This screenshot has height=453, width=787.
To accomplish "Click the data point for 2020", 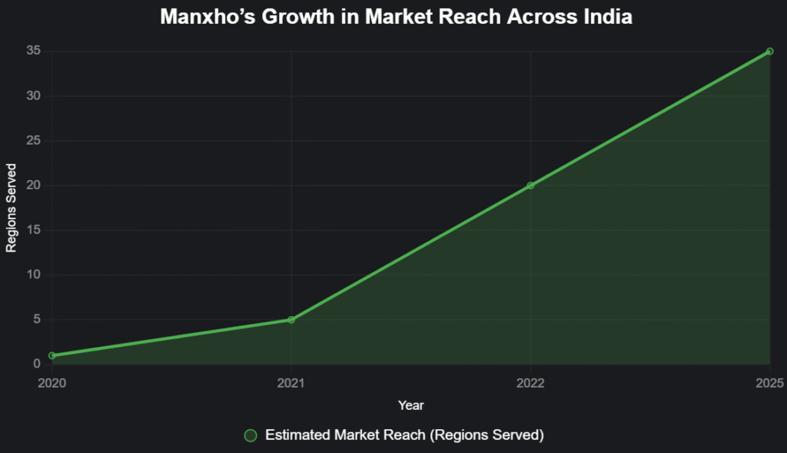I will coord(51,355).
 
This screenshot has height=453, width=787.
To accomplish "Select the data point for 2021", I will coord(291,319).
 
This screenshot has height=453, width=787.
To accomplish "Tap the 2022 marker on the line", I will coord(530,185).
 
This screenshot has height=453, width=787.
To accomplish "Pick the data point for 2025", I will coord(769,52).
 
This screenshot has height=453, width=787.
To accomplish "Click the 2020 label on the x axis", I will coord(51,382).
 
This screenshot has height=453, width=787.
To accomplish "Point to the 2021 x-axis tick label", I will coord(291,382).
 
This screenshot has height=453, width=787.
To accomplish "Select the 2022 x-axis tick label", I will coord(530,382).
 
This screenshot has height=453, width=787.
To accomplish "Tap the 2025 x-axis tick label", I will coord(769,382).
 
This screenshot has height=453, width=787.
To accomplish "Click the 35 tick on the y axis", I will coord(34,52).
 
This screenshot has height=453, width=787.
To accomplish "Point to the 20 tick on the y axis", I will coord(34,185).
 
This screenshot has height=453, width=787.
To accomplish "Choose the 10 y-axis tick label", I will coord(34,275).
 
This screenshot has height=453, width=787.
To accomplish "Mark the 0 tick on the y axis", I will coord(37,364).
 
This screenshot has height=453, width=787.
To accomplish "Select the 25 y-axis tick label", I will coord(34,141).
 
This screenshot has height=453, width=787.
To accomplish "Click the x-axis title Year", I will coord(410,405).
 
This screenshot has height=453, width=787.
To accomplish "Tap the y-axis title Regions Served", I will coord(12,208).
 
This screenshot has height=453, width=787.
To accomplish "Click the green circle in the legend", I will coord(250,435).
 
